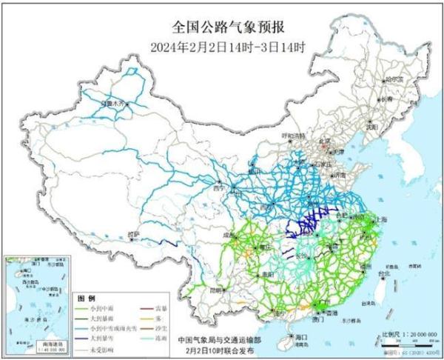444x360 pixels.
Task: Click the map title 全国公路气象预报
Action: coord(222,28)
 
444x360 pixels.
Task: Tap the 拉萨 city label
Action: coord(133,234)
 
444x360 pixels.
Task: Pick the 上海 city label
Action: coord(383,220)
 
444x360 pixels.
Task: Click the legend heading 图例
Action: coord(87,297)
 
